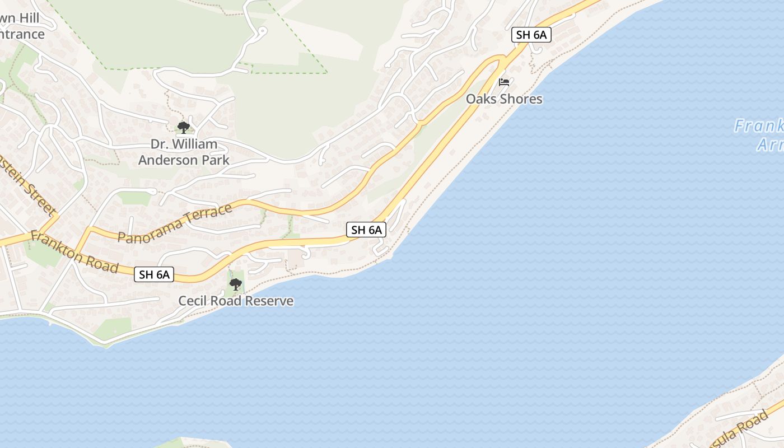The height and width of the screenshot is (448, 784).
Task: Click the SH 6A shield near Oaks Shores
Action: (531, 35)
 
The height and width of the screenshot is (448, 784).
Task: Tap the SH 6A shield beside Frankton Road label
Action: (154, 274)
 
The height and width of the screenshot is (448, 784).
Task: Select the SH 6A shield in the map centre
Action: (366, 229)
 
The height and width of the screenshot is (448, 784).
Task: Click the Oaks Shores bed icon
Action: (504, 82)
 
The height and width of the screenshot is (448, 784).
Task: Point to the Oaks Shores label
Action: (504, 99)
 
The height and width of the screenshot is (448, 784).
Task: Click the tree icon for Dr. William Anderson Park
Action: (183, 127)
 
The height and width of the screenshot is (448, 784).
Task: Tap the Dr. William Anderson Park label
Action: (184, 152)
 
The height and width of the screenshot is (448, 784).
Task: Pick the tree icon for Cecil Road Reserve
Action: (236, 284)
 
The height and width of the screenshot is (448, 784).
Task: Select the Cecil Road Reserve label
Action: (236, 301)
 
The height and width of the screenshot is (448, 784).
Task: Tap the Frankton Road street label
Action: (74, 253)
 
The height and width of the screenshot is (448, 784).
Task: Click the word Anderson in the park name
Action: (168, 160)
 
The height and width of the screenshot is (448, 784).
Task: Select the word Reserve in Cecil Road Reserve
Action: (272, 301)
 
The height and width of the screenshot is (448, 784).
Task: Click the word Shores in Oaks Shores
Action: (520, 99)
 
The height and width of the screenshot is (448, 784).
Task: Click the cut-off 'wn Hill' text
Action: (19, 18)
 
